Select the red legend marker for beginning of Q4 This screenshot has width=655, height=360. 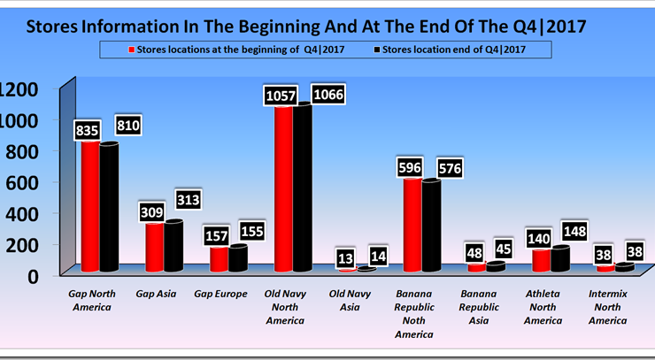[132, 50]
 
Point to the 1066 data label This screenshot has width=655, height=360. [328, 95]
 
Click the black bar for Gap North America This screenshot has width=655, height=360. [109, 208]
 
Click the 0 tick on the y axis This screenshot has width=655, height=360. [33, 275]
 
